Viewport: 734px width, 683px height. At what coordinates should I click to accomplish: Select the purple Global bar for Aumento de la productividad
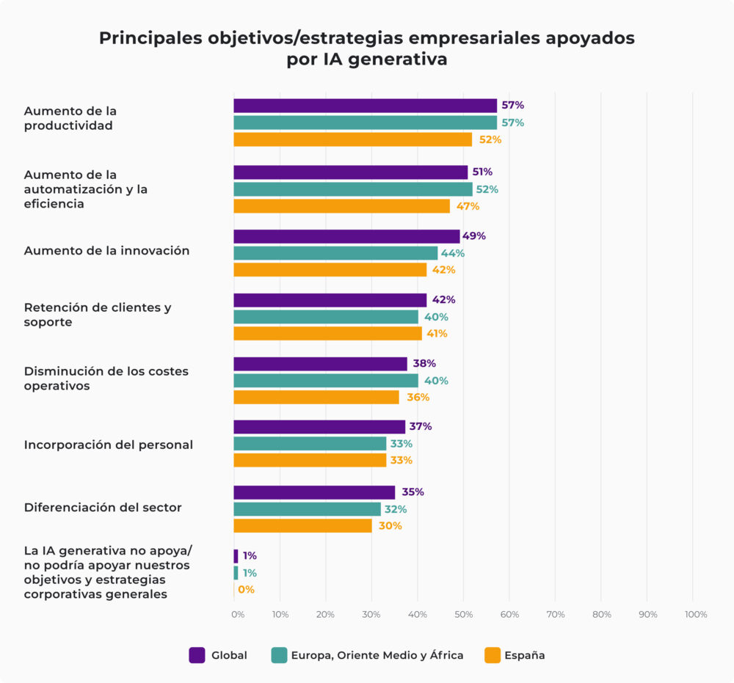(365, 106)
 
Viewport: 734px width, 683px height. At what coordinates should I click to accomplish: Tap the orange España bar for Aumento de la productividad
(352, 139)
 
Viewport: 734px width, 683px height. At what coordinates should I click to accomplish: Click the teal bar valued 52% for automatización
(353, 189)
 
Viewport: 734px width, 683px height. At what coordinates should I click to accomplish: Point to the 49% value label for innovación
(474, 236)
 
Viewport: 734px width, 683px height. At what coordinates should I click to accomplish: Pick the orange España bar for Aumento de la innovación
(330, 270)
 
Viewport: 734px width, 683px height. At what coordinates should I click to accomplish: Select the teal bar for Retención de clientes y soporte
(325, 317)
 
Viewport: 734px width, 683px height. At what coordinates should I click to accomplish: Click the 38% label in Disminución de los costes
(424, 364)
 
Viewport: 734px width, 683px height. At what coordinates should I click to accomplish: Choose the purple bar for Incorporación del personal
(319, 427)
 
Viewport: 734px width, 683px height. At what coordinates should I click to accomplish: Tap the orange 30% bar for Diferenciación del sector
(302, 526)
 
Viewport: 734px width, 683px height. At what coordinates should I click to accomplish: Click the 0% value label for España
(246, 590)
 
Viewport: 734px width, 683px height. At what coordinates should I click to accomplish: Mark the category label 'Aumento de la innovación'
(106, 251)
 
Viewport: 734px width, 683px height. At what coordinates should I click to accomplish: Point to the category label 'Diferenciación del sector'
(103, 507)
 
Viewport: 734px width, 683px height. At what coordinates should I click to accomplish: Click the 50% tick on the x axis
(463, 615)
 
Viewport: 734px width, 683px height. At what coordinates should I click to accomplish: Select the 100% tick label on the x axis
(694, 615)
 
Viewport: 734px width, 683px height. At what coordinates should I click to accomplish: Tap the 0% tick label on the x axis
(238, 615)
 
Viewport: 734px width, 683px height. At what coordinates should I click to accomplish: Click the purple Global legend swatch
(197, 655)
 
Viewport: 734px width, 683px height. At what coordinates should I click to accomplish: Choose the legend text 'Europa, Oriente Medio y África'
(377, 655)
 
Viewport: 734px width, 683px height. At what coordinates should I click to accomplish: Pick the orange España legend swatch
(491, 655)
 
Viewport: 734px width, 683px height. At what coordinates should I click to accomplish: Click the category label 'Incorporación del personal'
(109, 445)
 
